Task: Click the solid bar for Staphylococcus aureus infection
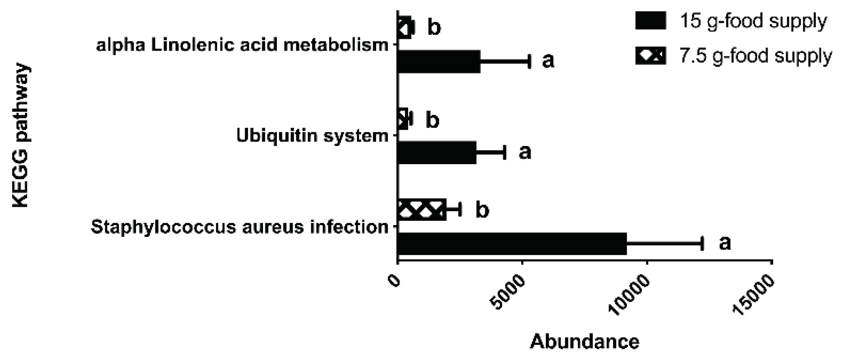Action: [x=512, y=244]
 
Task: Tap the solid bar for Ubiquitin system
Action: [x=437, y=152]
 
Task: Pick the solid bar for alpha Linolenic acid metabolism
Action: [x=439, y=61]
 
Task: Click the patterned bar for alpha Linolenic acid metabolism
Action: [x=404, y=28]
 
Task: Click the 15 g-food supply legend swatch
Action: [x=650, y=20]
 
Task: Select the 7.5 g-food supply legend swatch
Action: [x=650, y=55]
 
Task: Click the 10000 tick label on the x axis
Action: [x=632, y=295]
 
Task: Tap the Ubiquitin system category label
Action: [x=312, y=136]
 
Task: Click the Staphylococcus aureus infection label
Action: [x=240, y=227]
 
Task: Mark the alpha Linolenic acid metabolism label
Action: [x=242, y=45]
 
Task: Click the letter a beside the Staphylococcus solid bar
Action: [x=725, y=243]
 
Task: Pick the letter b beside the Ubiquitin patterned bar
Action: [x=432, y=120]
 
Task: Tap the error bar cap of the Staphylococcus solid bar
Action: [x=702, y=244]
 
